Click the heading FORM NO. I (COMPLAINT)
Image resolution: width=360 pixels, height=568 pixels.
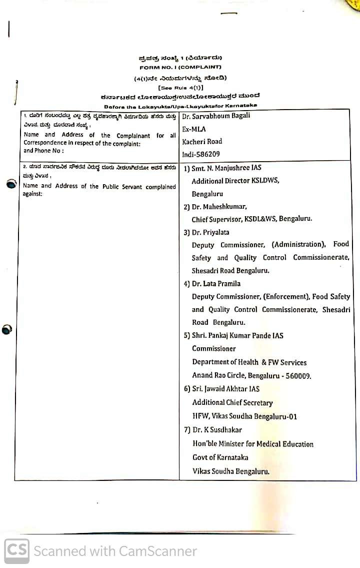pos(180,67)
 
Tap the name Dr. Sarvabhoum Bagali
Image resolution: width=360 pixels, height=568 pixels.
pos(216,116)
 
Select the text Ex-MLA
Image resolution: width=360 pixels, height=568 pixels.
pos(193,129)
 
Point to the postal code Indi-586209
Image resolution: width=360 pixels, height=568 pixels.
pos(200,154)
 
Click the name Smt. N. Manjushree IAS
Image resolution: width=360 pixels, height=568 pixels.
pos(226,168)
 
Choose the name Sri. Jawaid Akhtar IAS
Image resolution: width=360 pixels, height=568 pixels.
pos(226,388)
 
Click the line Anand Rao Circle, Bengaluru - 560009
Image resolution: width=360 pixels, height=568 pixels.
pos(251,375)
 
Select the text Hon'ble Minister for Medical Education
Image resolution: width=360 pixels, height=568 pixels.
pos(253,444)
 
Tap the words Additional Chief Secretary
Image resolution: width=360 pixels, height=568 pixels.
pos(232,402)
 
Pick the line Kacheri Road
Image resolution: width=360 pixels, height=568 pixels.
pos(202,142)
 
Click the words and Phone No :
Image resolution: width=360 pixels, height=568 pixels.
pos(44,151)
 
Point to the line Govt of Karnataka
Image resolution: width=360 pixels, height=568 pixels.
pos(220,457)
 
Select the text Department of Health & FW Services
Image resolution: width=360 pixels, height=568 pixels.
pos(249,362)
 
